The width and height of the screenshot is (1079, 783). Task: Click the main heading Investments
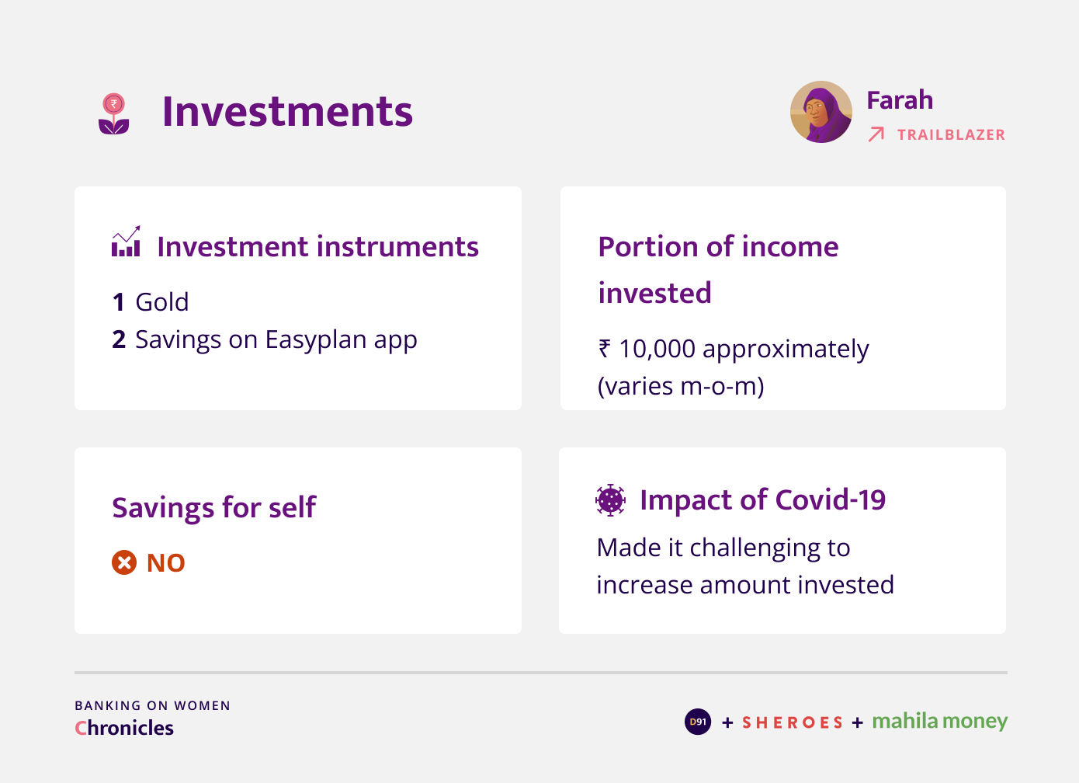[287, 112]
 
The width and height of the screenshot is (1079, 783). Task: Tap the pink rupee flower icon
[113, 113]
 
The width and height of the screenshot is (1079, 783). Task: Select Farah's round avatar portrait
[821, 112]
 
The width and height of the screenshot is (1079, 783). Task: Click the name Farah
[900, 99]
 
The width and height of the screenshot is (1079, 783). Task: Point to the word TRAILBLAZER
[952, 134]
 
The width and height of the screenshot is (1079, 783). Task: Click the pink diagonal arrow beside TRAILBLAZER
[876, 134]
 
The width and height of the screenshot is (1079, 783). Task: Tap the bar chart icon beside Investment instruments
[126, 241]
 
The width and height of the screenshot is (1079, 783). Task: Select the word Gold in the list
[161, 302]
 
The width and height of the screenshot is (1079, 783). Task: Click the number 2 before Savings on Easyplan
[119, 339]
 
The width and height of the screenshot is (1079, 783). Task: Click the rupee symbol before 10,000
[605, 348]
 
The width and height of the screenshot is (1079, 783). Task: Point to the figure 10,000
[657, 349]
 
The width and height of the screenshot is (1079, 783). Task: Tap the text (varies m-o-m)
[681, 387]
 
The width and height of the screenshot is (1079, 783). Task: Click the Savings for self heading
[214, 508]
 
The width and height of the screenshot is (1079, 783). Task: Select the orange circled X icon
[124, 562]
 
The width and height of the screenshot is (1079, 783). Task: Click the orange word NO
[165, 562]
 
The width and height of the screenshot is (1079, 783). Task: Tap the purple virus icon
[610, 500]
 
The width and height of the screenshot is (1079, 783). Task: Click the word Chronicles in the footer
[124, 728]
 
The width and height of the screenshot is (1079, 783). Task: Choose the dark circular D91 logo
[698, 722]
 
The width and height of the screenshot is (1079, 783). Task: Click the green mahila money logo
[940, 722]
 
